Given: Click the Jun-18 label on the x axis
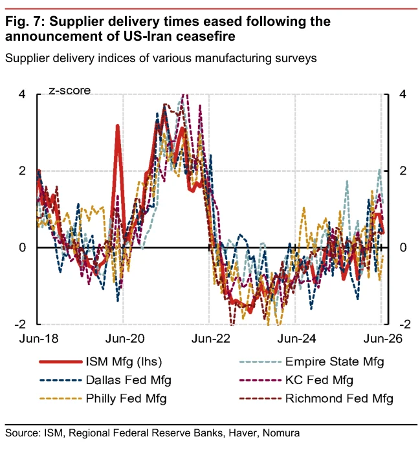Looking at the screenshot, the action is click(x=39, y=339).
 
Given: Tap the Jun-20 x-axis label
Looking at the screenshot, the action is click(x=125, y=339).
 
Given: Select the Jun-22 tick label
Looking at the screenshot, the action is click(x=210, y=339).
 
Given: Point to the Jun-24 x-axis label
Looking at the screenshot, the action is click(x=296, y=339).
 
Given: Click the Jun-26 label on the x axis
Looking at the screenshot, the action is click(x=382, y=339).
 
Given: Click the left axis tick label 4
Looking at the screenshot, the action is click(x=22, y=94).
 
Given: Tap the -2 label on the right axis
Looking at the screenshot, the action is click(x=405, y=325).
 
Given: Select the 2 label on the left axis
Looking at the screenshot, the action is click(x=22, y=171).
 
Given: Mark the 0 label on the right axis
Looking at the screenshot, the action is click(x=403, y=248).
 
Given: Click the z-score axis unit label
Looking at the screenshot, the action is click(x=70, y=91).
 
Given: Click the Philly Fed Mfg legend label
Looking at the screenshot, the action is click(x=126, y=398).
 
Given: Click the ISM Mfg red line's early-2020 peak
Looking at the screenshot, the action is click(x=117, y=125).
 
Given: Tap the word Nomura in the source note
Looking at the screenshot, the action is click(x=281, y=433).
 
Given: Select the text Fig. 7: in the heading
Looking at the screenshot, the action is click(x=25, y=22).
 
